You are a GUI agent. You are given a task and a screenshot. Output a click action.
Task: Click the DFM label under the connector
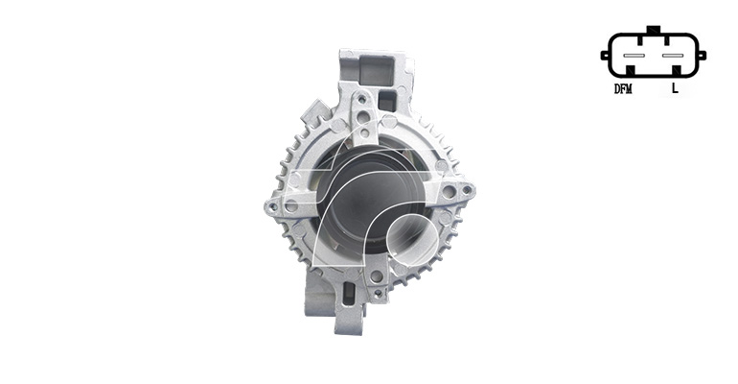pyautogui.click(x=623, y=88)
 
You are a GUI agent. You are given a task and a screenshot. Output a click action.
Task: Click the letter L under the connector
pyautogui.click(x=675, y=87)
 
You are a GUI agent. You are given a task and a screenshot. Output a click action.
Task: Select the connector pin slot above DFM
pyautogui.click(x=633, y=56)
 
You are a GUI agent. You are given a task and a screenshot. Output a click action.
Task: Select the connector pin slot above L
pyautogui.click(x=672, y=56)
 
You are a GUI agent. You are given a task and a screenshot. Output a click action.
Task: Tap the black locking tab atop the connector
pyautogui.click(x=654, y=29)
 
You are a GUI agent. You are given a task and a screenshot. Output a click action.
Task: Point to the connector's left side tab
pyautogui.click(x=605, y=55)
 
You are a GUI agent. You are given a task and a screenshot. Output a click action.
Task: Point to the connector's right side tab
pyautogui.click(x=702, y=55)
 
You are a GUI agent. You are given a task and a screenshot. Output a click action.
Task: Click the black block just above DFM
pyautogui.click(x=631, y=71)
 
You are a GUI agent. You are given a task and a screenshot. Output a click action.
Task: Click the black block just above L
pyautogui.click(x=677, y=71)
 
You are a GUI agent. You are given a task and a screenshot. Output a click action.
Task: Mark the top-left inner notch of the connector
pyautogui.click(x=640, y=40)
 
